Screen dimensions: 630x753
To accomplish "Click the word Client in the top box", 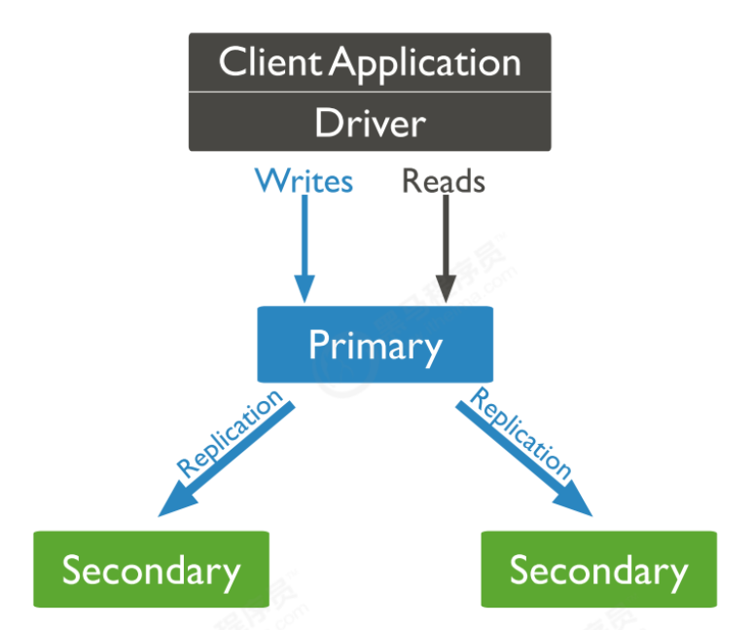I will [x=269, y=62].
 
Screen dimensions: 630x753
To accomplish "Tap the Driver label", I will [x=370, y=123].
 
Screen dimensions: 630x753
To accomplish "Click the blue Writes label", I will [x=304, y=181].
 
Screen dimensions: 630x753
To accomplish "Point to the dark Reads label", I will [x=444, y=181].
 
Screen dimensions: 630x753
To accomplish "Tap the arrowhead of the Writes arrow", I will [x=305, y=288].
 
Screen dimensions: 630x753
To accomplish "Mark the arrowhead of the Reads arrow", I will [x=445, y=288].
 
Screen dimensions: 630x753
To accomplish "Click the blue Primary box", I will [x=375, y=345].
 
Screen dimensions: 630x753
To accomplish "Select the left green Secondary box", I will [x=151, y=570].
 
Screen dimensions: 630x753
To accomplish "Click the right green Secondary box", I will [x=598, y=570].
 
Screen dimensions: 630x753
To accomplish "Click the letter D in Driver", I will [x=326, y=123].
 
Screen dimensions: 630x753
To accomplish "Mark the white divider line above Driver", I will [x=370, y=93].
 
